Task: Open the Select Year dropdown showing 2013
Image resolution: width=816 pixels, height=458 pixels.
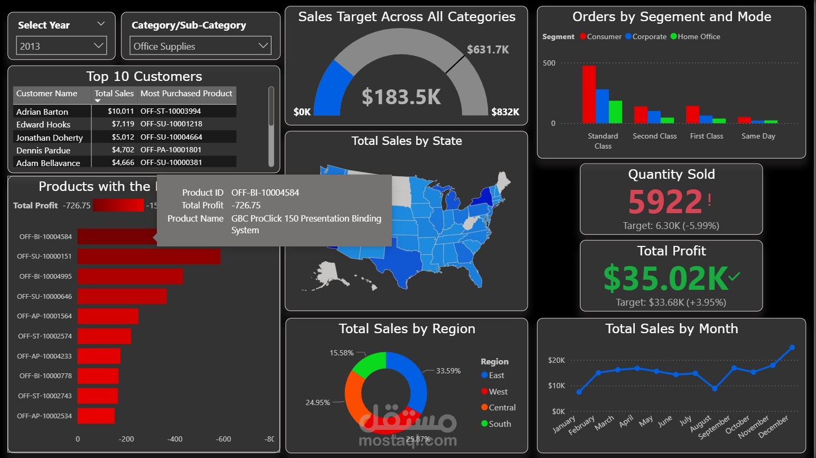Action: point(61,46)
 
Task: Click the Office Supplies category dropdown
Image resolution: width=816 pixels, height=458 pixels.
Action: point(200,46)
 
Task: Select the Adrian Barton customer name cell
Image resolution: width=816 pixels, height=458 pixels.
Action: point(42,112)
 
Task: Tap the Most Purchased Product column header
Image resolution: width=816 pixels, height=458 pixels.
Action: point(186,94)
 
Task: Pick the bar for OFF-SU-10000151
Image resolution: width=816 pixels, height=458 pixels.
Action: point(148,257)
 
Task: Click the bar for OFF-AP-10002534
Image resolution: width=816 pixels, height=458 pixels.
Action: point(96,416)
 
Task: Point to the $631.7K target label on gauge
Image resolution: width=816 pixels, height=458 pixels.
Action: point(487,50)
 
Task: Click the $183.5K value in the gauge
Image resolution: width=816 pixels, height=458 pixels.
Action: point(401,97)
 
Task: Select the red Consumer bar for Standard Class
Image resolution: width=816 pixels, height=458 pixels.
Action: point(588,94)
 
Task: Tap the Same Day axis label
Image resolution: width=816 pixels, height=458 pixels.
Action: point(758,136)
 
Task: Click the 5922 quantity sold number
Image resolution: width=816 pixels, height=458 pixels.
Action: point(665,201)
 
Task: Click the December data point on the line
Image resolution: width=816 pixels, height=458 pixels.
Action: point(792,347)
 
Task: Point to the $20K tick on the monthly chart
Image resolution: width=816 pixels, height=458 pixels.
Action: point(557,360)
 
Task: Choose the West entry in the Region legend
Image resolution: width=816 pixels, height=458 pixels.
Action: point(498,391)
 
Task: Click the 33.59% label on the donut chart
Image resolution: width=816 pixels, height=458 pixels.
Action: point(448,371)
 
